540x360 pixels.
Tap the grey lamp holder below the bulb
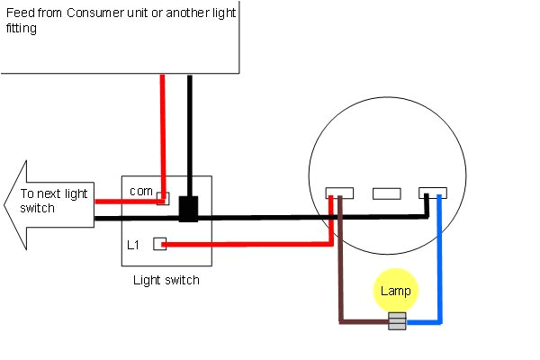tap(396, 321)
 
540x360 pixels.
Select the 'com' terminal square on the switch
tap(162, 198)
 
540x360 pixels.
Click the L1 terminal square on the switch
tap(159, 243)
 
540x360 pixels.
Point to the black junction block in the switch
tap(188, 209)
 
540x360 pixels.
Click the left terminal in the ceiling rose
tap(337, 193)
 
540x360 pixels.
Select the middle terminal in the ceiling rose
tap(386, 193)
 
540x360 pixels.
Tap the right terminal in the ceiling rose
tap(433, 193)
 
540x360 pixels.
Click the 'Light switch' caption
tap(166, 281)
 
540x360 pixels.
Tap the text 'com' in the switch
tap(139, 191)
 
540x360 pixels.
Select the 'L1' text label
tap(132, 244)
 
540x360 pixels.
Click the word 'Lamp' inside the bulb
tap(395, 291)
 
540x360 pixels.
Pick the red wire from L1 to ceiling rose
tap(252, 243)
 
